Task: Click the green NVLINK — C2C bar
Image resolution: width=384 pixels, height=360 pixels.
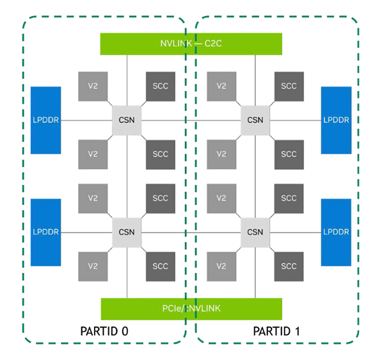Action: click(191, 44)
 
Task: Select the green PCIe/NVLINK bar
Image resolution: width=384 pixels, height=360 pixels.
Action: click(191, 309)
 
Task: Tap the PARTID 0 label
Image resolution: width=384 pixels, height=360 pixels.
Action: click(106, 332)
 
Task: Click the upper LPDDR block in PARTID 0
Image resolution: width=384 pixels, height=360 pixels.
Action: click(46, 120)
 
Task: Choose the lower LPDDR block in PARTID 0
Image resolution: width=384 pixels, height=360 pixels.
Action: click(46, 231)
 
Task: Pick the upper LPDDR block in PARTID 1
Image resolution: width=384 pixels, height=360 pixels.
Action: click(336, 120)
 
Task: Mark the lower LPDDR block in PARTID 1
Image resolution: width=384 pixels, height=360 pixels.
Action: click(336, 231)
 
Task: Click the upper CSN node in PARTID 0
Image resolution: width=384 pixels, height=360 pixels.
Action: click(127, 120)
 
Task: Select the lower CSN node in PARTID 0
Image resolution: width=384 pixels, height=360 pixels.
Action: click(127, 231)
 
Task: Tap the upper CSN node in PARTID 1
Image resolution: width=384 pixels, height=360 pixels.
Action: click(255, 120)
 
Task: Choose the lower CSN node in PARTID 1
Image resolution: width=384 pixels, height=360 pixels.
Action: click(255, 231)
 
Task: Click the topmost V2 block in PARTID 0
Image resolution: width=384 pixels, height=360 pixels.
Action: click(93, 86)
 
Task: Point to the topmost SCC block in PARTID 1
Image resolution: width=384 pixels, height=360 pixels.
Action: click(289, 86)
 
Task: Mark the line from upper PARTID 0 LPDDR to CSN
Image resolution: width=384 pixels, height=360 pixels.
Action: click(86, 120)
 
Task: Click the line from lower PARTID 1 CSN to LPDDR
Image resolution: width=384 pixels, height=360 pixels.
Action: click(295, 231)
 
